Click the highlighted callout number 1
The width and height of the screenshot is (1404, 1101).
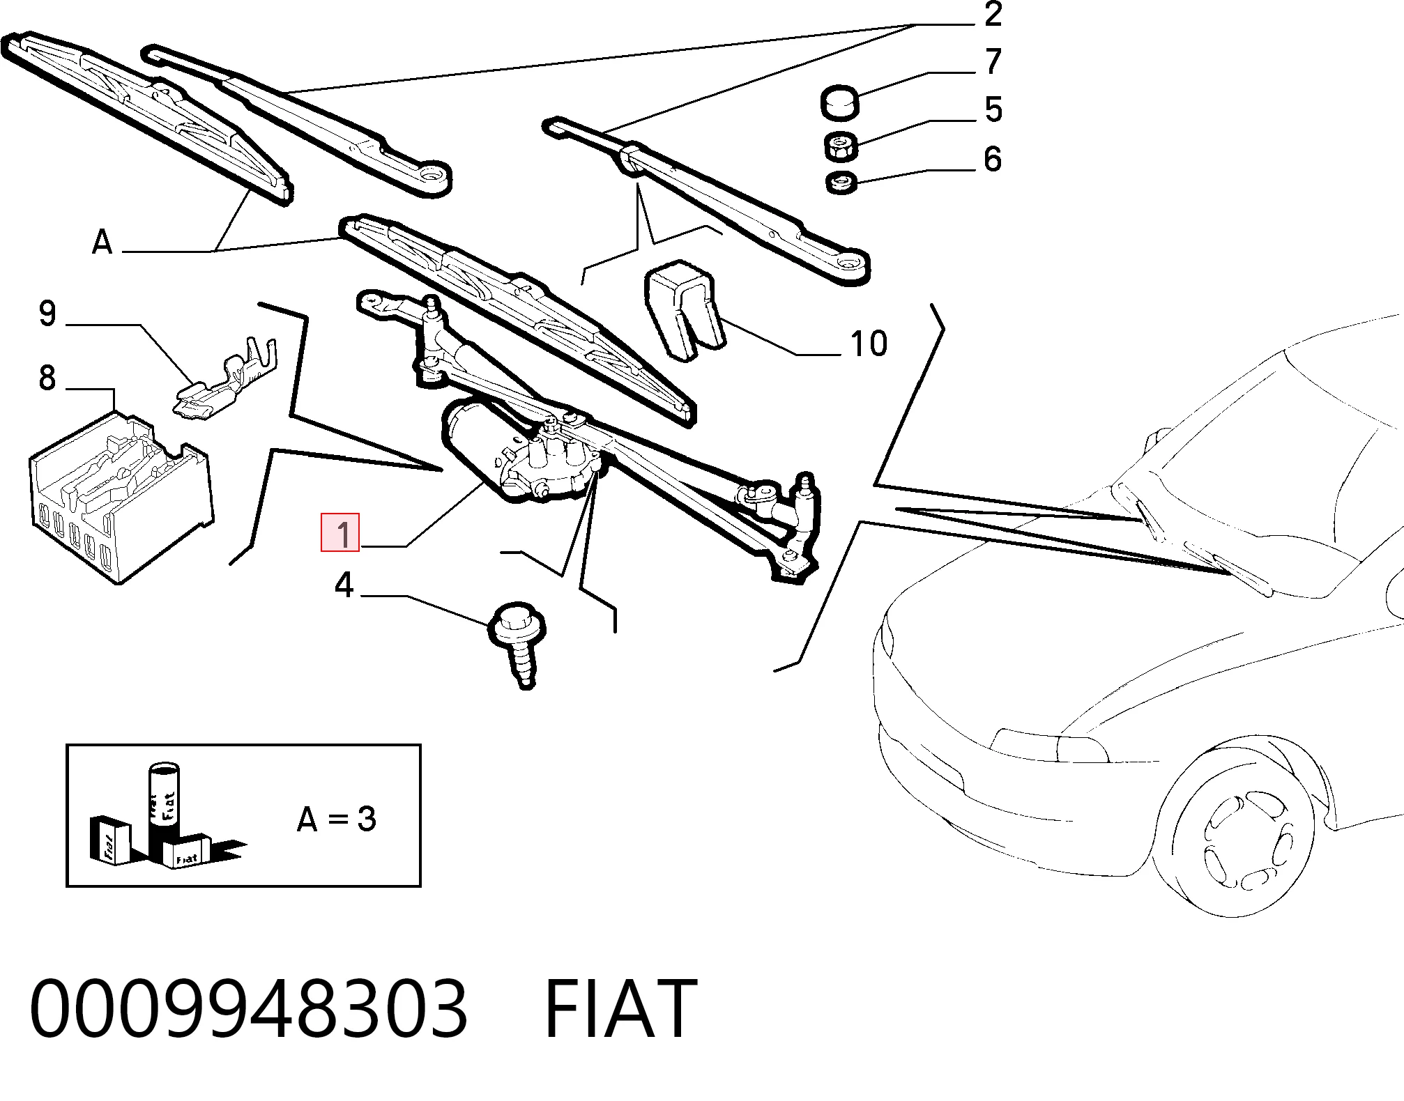tap(340, 532)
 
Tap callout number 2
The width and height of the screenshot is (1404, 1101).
tap(993, 15)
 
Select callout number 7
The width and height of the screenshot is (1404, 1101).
tap(993, 62)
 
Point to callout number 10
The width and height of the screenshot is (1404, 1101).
tap(869, 344)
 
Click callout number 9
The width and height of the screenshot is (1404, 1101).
tap(47, 314)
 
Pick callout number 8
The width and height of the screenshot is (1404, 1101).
tap(47, 378)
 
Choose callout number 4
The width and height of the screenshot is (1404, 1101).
tap(344, 585)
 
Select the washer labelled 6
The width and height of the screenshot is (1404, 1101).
tap(841, 183)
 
